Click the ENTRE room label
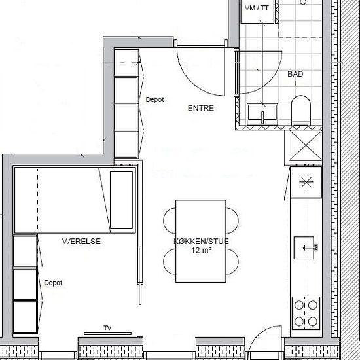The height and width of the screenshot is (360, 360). point(201,108)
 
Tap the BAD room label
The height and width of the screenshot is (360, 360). point(295,74)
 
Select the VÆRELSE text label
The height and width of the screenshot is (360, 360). point(81,242)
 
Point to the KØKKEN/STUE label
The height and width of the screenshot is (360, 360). point(201,242)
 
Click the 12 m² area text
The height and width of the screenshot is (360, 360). point(201,250)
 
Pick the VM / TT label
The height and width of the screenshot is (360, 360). point(257,9)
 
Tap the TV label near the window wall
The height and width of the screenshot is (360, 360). point(107,328)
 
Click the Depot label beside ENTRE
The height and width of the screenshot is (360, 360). point(155,99)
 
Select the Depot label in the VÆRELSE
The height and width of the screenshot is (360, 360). point(53,283)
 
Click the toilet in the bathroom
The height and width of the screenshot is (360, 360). point(301,111)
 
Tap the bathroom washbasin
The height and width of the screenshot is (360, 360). point(262,114)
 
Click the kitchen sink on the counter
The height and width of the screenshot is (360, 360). point(304,247)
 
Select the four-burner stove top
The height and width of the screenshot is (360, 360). point(306,313)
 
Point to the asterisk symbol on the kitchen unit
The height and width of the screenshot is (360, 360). point(306,182)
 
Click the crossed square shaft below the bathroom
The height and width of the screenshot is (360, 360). point(306,145)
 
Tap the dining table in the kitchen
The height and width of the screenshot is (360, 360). point(201,241)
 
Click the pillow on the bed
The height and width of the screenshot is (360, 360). point(121,200)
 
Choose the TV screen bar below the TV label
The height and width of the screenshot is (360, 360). point(108,333)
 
